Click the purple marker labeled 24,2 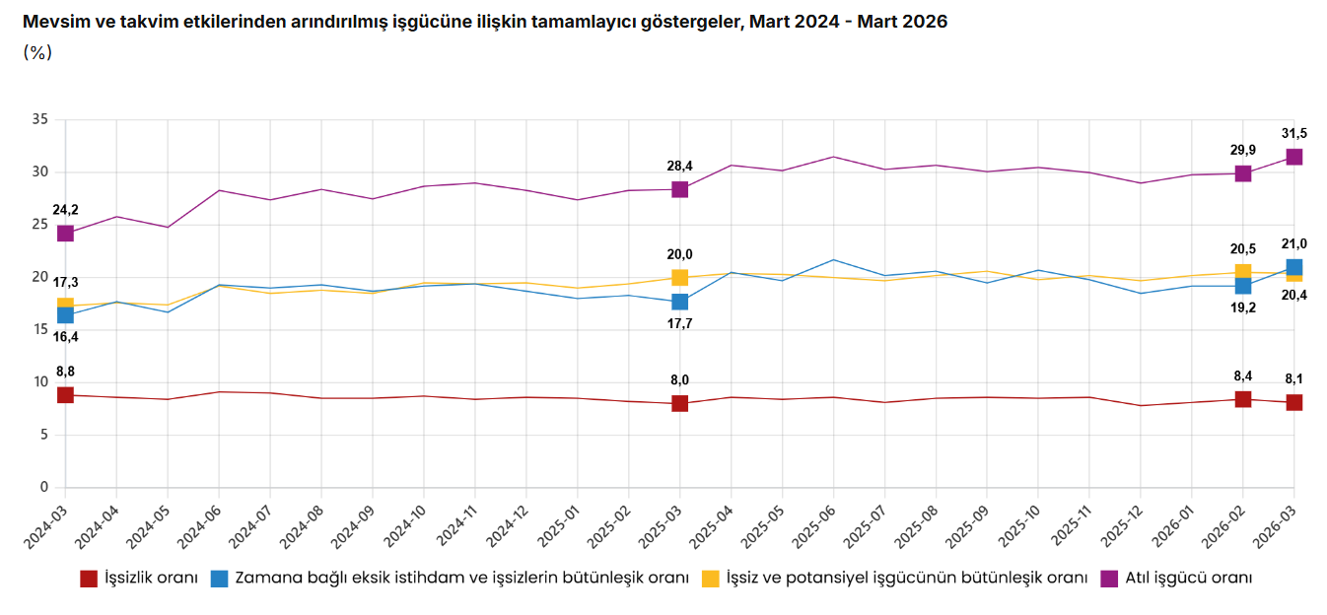coord(65,234)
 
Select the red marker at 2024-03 coord(65,395)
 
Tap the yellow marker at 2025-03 coord(679,278)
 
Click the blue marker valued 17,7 coord(679,302)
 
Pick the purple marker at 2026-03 coord(1293,157)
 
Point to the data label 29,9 coord(1242,150)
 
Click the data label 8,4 coord(1242,376)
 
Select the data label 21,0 coord(1293,243)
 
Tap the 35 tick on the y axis coord(40,119)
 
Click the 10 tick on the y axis coord(40,382)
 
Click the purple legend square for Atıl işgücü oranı coord(1108,578)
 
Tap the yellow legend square coord(709,578)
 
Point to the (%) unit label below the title coord(36,52)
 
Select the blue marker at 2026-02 coord(1242,286)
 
